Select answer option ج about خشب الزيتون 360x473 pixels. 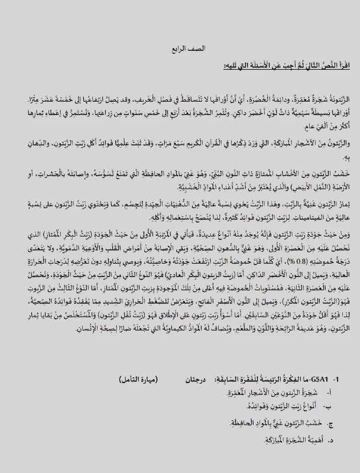(260, 440)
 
